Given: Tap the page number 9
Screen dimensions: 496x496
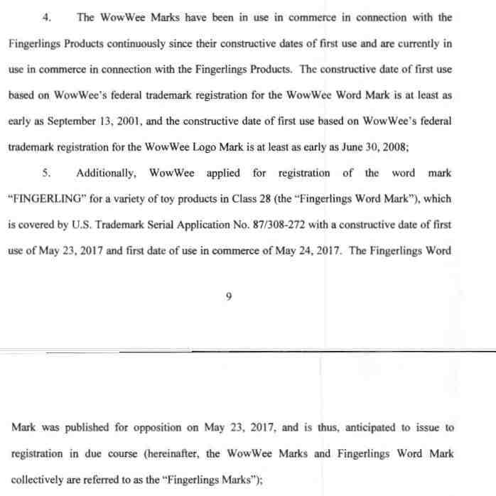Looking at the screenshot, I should (228, 298).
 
